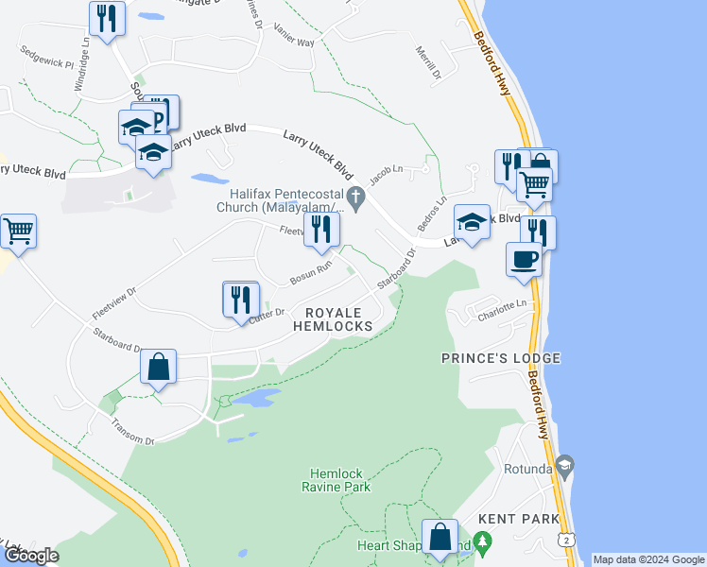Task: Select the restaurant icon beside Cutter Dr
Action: (x=240, y=299)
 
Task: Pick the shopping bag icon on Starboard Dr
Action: (x=159, y=367)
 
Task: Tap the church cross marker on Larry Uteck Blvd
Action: (x=356, y=198)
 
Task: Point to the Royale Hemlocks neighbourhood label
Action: (x=332, y=318)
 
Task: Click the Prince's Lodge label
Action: (x=501, y=358)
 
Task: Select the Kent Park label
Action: (x=513, y=519)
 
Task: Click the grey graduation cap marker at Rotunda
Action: (x=565, y=465)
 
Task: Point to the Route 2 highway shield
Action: (x=564, y=538)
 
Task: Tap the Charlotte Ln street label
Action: (x=500, y=306)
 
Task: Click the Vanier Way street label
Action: (x=293, y=43)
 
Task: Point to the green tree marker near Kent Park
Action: (x=483, y=543)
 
